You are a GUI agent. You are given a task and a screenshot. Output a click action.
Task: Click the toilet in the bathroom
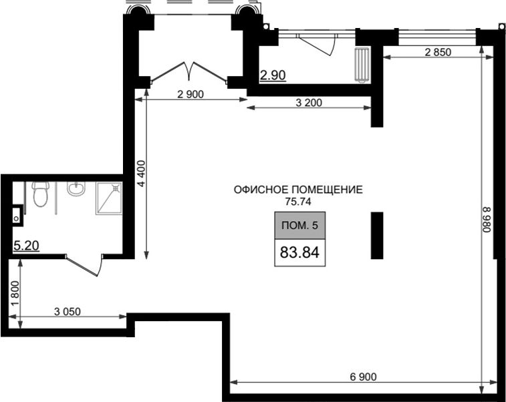[41, 194]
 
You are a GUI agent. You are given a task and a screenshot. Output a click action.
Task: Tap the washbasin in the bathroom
[76, 188]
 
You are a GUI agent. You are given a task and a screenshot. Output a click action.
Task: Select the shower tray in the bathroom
[109, 198]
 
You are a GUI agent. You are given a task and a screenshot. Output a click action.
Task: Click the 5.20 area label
[27, 246]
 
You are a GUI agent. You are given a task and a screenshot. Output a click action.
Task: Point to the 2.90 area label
[273, 75]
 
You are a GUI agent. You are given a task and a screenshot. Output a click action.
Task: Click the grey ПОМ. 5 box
[300, 225]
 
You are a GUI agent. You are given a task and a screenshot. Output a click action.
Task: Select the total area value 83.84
[299, 252]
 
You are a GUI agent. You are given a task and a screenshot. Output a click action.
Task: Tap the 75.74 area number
[298, 202]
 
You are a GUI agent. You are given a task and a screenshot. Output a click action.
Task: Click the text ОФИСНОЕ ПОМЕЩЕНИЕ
[298, 190]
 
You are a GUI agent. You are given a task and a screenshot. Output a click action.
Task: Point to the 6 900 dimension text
[363, 376]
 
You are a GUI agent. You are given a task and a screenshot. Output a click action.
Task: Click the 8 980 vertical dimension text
[487, 220]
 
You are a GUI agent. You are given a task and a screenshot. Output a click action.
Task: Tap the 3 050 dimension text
[67, 311]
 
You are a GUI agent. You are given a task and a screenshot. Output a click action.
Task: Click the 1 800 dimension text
[15, 294]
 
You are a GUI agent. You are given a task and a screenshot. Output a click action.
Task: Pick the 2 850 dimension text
[438, 52]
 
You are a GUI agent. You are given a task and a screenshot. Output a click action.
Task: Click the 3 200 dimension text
[309, 103]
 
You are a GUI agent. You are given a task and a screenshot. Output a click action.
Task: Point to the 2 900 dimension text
[191, 94]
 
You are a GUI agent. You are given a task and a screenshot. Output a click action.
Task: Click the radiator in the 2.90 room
[362, 65]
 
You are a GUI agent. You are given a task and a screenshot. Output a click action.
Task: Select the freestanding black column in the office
[376, 235]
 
